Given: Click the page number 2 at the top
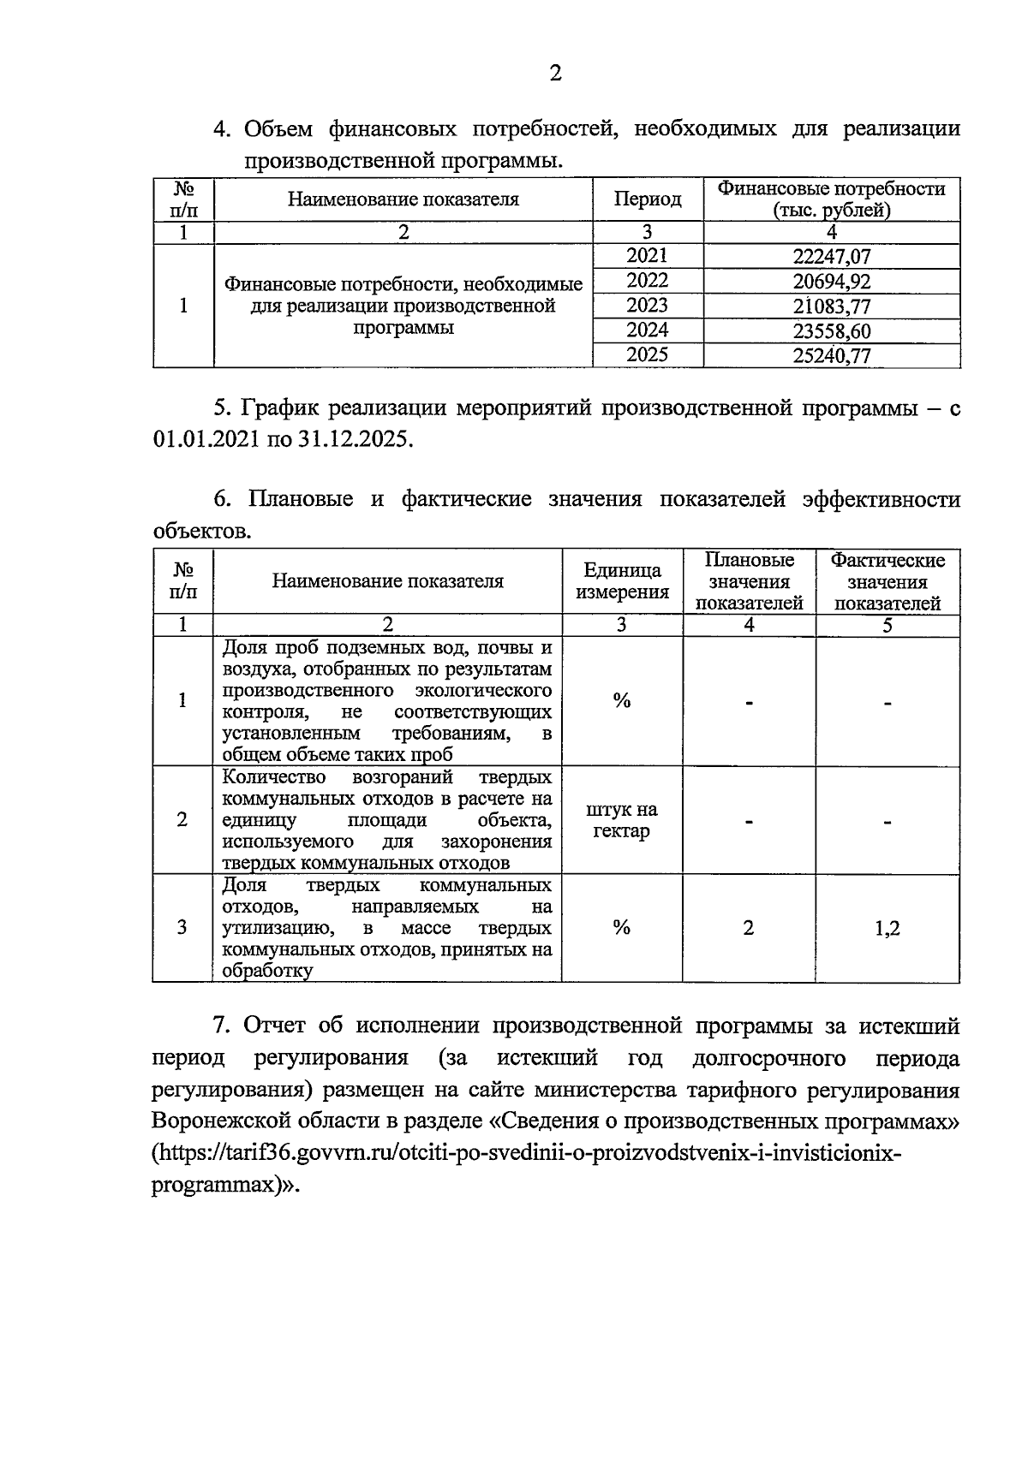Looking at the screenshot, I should (555, 74).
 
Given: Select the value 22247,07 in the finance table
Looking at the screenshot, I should (832, 257).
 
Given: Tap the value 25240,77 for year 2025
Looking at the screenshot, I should (832, 356).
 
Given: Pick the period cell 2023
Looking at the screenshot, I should (648, 306).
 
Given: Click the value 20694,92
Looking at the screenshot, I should (832, 282).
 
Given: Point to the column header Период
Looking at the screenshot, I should (648, 199).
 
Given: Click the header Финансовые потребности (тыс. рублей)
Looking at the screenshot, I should (831, 199).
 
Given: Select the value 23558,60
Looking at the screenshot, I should (832, 331).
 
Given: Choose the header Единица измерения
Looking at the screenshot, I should (622, 581).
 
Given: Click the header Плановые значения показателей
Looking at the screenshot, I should (749, 581).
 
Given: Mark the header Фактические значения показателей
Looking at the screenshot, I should (888, 581).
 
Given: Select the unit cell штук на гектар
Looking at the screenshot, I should (622, 820).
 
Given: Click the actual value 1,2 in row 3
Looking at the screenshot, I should (888, 928).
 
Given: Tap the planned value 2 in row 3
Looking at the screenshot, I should (749, 928).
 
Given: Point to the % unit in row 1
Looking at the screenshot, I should (622, 701).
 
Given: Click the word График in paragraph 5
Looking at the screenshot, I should (281, 407).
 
